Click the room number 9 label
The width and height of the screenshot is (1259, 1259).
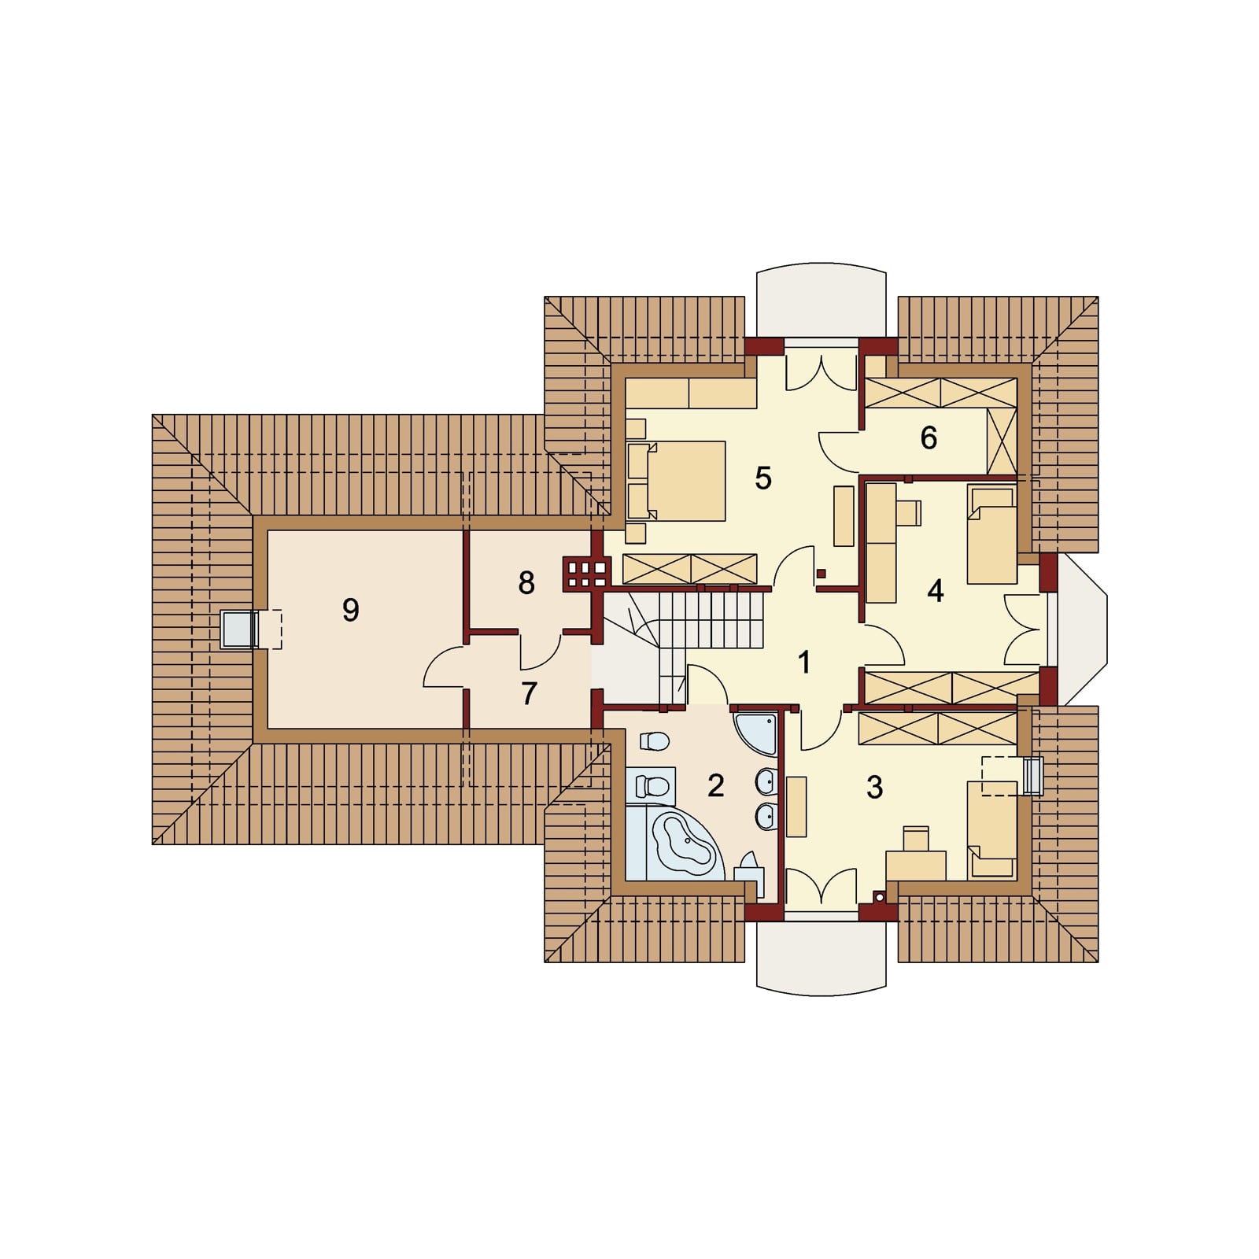point(351,610)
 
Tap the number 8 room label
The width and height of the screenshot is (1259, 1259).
point(526,583)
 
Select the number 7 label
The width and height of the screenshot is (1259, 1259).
point(530,693)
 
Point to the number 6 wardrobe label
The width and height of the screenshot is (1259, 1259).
point(929,438)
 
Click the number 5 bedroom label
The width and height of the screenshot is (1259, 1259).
point(763,478)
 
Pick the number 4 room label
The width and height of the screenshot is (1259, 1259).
point(935,590)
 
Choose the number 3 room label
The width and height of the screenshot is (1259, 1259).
point(874,787)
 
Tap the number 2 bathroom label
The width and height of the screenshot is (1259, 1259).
point(715,785)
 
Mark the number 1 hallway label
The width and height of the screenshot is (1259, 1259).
point(803,663)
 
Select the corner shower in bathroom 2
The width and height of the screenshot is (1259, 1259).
point(755,733)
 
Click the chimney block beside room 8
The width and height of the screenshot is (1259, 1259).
point(585,573)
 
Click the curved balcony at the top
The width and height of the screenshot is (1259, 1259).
point(821,301)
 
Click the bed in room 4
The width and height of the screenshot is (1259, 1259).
point(991,535)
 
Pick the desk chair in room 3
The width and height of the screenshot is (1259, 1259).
point(916,839)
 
